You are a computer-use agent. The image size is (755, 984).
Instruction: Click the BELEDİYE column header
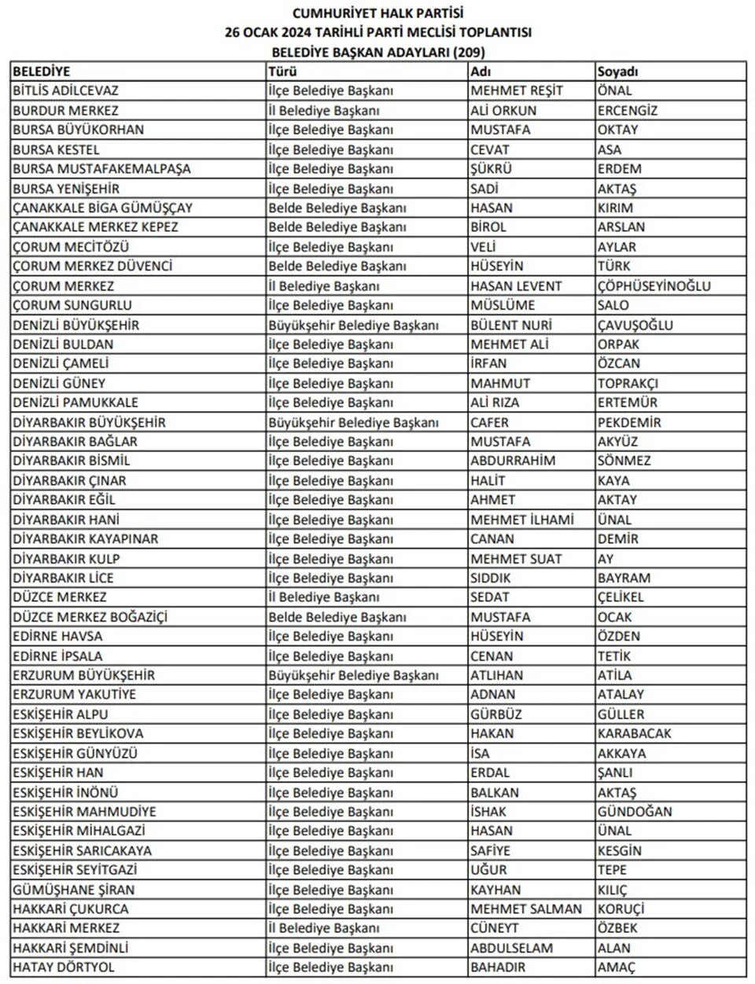(x=42, y=72)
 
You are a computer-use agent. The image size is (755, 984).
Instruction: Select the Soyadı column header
(x=617, y=72)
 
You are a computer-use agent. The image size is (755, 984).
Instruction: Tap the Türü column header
(x=282, y=72)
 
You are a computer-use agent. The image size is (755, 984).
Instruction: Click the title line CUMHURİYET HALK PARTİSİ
(x=377, y=13)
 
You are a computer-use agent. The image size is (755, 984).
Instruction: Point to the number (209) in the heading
(x=468, y=52)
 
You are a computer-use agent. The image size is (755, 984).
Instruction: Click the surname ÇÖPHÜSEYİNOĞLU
(x=654, y=286)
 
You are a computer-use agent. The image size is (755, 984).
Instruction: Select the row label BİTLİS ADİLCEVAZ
(x=65, y=91)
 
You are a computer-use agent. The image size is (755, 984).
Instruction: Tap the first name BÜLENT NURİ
(x=511, y=325)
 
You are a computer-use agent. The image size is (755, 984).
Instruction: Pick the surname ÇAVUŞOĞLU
(x=635, y=325)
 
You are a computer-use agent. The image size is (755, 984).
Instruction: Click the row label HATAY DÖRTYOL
(x=63, y=967)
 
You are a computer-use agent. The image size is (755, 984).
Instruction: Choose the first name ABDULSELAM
(x=511, y=948)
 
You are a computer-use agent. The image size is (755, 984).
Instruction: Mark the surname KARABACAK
(x=634, y=733)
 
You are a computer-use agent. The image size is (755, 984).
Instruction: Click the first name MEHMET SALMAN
(x=526, y=909)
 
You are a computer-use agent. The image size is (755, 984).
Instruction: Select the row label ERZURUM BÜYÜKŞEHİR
(x=83, y=675)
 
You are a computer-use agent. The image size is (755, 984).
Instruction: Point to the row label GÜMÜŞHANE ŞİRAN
(x=73, y=890)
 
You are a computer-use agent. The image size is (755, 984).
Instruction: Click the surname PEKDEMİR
(x=629, y=422)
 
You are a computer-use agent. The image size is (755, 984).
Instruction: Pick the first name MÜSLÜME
(x=503, y=305)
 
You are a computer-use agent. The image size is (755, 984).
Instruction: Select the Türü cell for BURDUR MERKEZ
(x=324, y=111)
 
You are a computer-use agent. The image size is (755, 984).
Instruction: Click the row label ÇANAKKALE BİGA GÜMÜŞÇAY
(x=102, y=208)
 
